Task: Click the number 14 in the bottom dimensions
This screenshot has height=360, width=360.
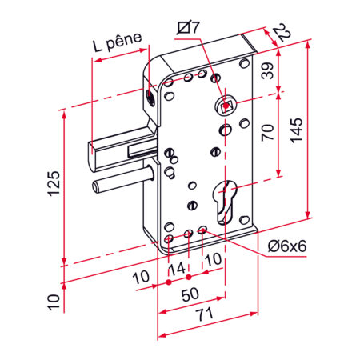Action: click(x=181, y=266)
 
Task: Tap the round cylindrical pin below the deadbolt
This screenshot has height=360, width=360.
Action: click(x=120, y=185)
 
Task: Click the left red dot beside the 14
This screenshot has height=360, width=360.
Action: click(x=170, y=282)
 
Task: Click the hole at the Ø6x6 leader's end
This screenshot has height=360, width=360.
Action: click(x=202, y=232)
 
